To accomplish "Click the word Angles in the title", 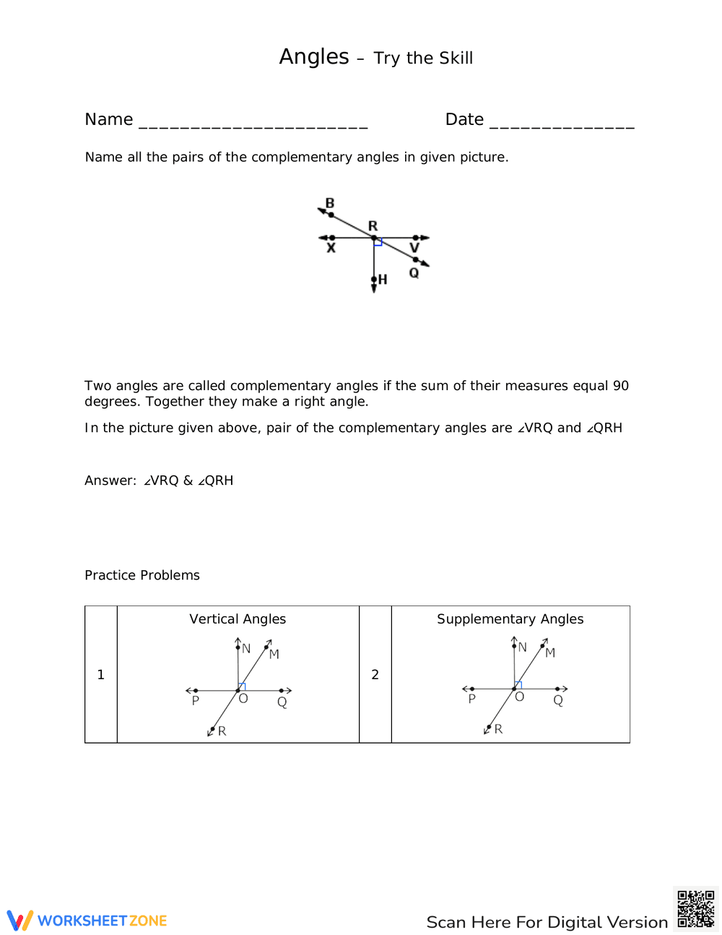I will pyautogui.click(x=314, y=57).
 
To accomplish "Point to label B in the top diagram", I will pyautogui.click(x=330, y=203).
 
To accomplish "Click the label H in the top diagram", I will pyautogui.click(x=383, y=279).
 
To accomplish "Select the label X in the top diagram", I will pyautogui.click(x=331, y=249).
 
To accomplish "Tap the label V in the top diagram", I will pyautogui.click(x=414, y=248).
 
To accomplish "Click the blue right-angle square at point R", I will pyautogui.click(x=378, y=242).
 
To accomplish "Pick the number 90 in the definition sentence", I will pyautogui.click(x=620, y=386).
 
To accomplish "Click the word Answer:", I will pyautogui.click(x=110, y=481).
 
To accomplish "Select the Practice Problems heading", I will pyautogui.click(x=142, y=575).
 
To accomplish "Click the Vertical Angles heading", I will pyautogui.click(x=238, y=619).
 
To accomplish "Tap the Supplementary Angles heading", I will pyautogui.click(x=510, y=619).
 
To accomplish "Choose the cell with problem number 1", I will pyautogui.click(x=101, y=674).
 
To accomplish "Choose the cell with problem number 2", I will pyautogui.click(x=375, y=674).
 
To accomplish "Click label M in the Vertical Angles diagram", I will pyautogui.click(x=274, y=655).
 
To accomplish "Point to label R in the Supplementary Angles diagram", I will pyautogui.click(x=498, y=729).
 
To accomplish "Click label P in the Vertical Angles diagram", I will pyautogui.click(x=195, y=701).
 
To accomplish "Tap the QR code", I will pyautogui.click(x=695, y=908).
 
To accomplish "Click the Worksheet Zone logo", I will pyautogui.click(x=87, y=921).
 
